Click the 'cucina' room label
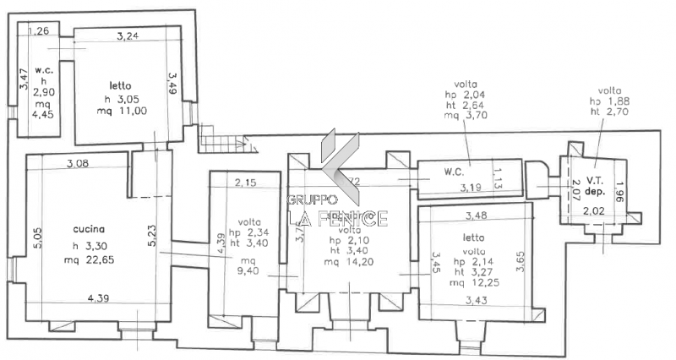click(89, 229)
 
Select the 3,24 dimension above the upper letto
click(127, 35)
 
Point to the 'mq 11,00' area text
click(127, 110)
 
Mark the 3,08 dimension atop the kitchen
click(77, 162)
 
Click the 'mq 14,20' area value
click(349, 262)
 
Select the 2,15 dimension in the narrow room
click(245, 183)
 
